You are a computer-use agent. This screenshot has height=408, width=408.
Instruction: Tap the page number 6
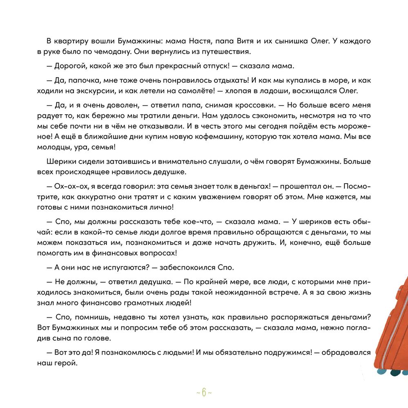204,393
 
